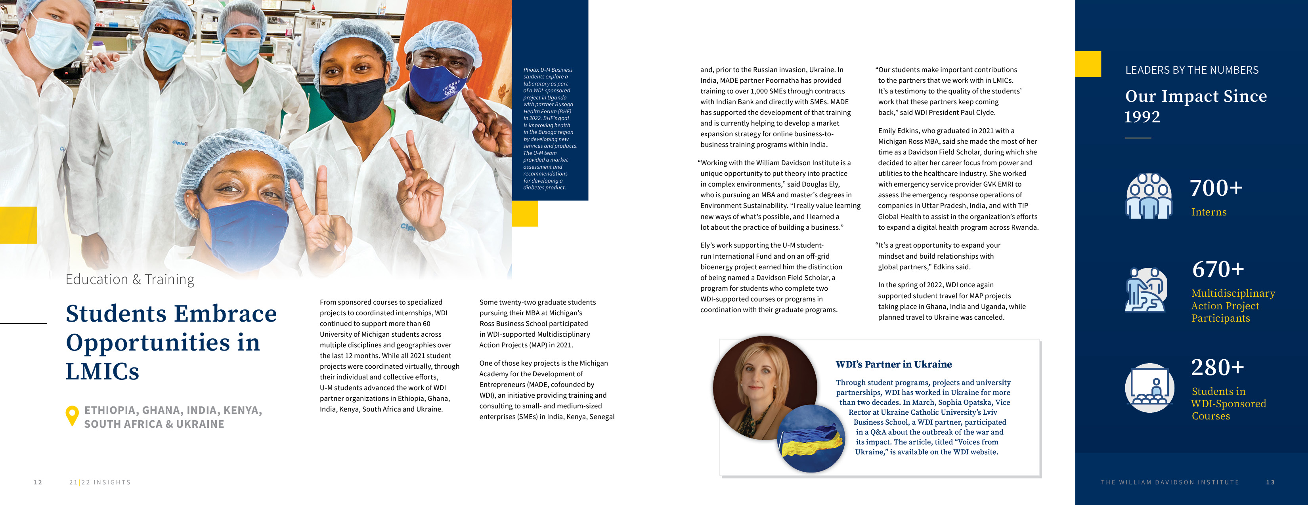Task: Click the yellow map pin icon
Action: [72, 415]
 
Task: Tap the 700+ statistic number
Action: [1216, 188]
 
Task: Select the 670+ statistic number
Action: [1218, 269]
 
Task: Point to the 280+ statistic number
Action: [1218, 368]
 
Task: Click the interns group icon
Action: [1149, 196]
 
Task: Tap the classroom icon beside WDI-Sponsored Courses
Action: [1149, 388]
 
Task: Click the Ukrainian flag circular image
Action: [811, 439]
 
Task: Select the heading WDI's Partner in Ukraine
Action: [894, 364]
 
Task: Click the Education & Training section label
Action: [130, 280]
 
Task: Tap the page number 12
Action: [38, 482]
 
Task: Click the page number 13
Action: [1270, 482]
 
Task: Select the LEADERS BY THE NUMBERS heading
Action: [1192, 70]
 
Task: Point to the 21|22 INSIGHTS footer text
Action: [100, 482]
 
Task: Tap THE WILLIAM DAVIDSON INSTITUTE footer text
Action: [1170, 482]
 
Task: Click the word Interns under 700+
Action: [1209, 212]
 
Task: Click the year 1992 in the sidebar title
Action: [1142, 117]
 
